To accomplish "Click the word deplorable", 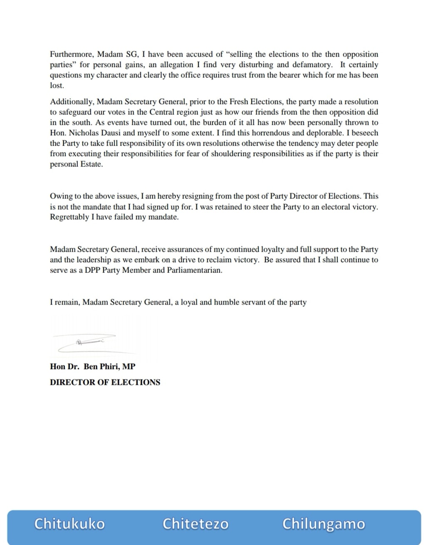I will (x=315, y=133).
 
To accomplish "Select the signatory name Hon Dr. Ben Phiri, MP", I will (x=92, y=367).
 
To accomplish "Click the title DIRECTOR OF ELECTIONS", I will (x=105, y=382).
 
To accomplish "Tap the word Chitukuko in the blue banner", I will (x=69, y=523).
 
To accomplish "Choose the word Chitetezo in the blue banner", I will (x=196, y=523).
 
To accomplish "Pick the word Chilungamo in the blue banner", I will (x=324, y=524).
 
